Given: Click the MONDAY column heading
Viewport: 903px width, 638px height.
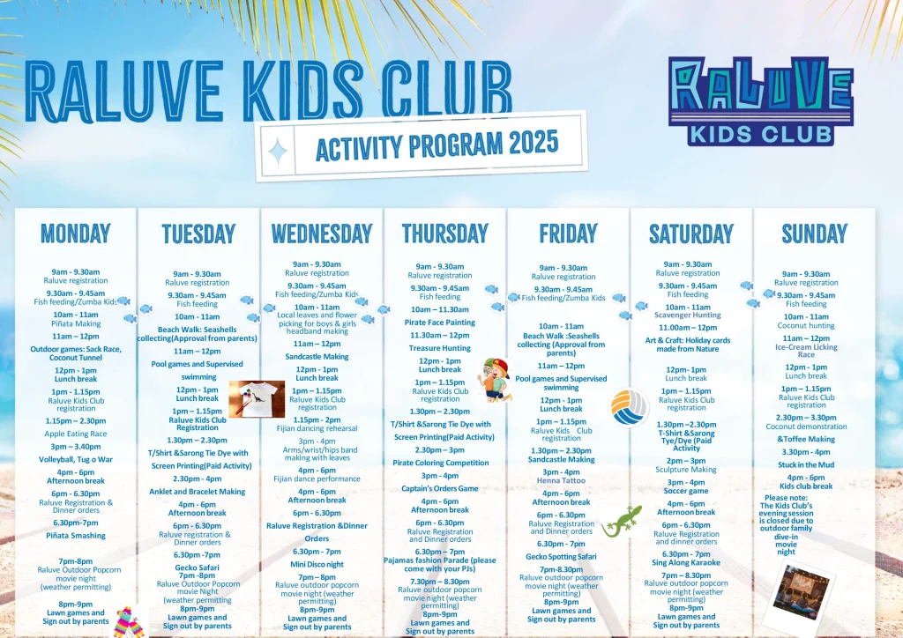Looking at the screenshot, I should (76, 234).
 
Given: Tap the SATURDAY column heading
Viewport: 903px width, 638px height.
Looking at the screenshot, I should (691, 234).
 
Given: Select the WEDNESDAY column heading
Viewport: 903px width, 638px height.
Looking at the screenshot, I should (322, 234).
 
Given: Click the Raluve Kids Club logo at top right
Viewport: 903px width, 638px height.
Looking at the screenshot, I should (761, 100).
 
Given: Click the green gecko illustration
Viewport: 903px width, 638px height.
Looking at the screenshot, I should (622, 520).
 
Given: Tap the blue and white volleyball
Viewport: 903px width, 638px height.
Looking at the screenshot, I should (630, 407).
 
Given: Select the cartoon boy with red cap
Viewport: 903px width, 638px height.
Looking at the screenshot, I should (496, 381).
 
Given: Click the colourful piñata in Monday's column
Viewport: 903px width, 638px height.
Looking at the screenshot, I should (130, 622).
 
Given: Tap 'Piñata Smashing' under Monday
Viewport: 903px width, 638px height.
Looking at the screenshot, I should (76, 536).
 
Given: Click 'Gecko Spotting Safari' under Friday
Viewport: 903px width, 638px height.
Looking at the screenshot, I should (562, 557).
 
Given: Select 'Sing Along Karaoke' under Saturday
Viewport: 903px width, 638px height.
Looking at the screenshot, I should (686, 562).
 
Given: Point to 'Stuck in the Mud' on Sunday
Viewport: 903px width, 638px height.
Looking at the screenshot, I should (806, 464).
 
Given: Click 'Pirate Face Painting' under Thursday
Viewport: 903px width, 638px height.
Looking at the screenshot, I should (441, 323).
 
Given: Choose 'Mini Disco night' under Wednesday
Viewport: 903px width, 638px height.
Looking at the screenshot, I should (317, 564).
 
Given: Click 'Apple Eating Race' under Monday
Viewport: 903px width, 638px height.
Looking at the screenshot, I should (76, 434).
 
